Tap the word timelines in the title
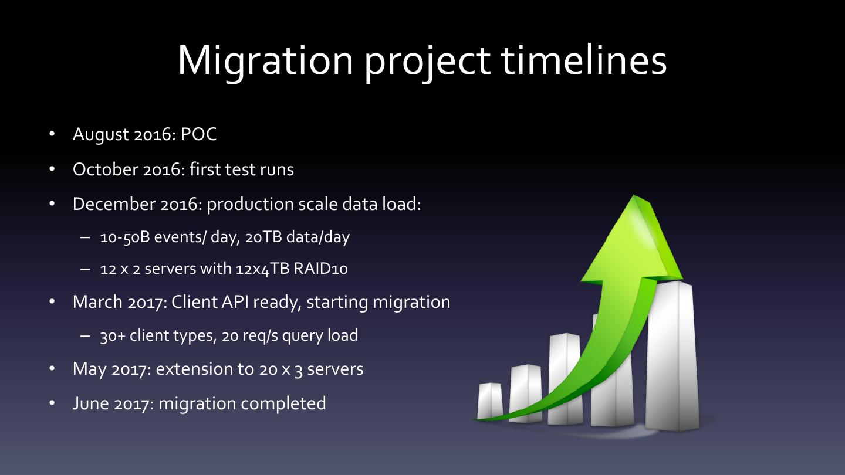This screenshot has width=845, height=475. (583, 60)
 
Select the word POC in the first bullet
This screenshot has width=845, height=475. (198, 134)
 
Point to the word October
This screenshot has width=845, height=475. (105, 169)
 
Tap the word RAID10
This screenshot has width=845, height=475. (320, 269)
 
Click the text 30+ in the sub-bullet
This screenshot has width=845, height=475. (113, 335)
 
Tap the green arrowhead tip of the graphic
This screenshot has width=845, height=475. (634, 196)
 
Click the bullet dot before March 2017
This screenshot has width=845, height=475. (52, 302)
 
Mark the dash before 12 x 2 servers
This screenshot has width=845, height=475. (85, 269)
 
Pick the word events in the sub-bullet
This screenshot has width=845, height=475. (179, 238)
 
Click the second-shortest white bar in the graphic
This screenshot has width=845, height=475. (526, 392)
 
